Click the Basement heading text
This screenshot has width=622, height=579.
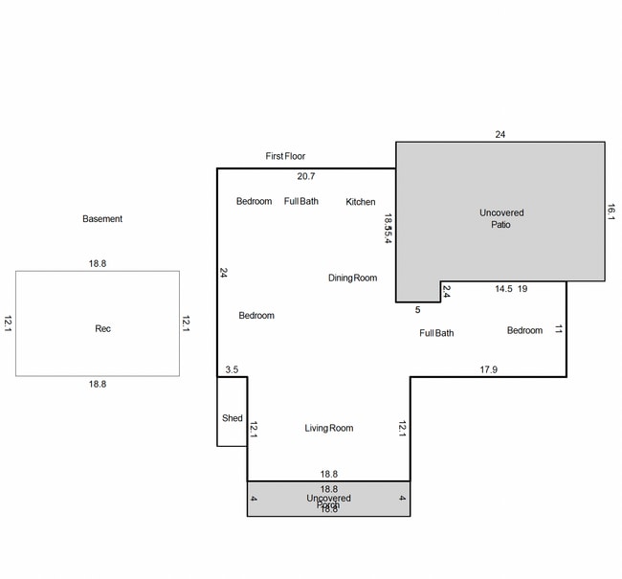(102, 219)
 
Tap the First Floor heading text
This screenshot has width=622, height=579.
(285, 156)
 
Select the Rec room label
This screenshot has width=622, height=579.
(102, 329)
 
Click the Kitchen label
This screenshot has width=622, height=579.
(361, 202)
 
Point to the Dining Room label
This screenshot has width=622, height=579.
(352, 278)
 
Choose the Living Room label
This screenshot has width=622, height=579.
(329, 429)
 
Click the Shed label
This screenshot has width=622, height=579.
(232, 418)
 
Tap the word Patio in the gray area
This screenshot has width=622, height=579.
(501, 226)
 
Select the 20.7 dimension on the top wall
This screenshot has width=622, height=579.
(306, 176)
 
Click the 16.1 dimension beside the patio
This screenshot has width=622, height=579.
(611, 212)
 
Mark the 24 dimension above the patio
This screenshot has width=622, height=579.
(500, 135)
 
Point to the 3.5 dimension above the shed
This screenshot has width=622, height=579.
(232, 369)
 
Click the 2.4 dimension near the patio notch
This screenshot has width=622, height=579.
(446, 293)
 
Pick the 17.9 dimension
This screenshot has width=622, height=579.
(488, 369)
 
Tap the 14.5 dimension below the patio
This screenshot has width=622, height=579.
(503, 288)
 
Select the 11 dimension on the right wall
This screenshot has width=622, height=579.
(559, 329)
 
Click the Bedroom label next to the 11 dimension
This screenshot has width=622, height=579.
(524, 331)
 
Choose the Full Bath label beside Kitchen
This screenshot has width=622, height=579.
(301, 202)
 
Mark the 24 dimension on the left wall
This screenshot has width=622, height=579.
(224, 273)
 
